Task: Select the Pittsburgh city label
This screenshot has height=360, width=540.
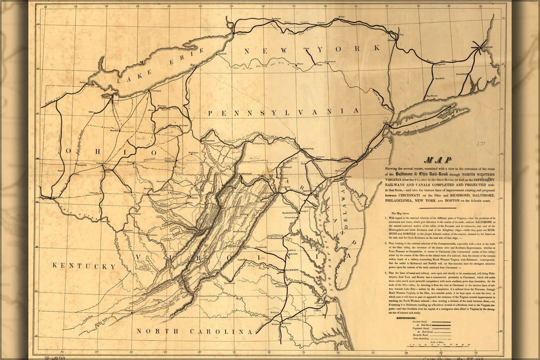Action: click(208, 141)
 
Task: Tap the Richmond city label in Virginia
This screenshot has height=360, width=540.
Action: click(291, 270)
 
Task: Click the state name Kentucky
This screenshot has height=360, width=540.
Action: click(84, 266)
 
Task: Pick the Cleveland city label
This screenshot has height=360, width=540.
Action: click(155, 91)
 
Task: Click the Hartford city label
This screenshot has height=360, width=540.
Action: click(439, 78)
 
